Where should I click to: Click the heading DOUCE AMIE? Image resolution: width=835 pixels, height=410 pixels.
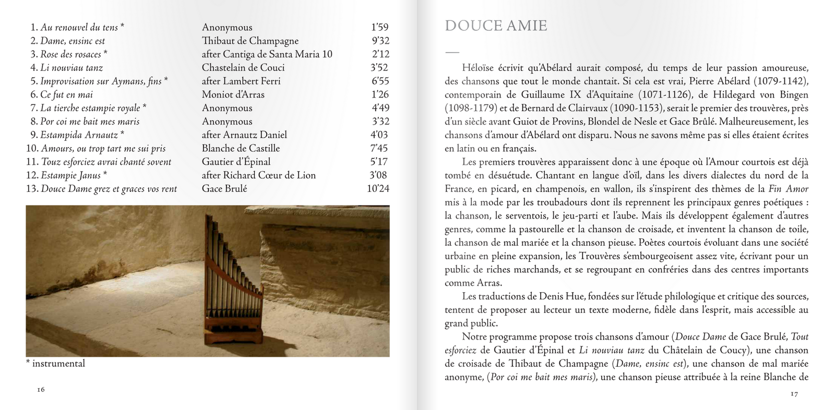tap(495, 26)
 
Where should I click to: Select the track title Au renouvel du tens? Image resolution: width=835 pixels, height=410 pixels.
tap(79, 27)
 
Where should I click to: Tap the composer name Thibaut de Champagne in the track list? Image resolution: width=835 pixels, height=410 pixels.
tap(250, 41)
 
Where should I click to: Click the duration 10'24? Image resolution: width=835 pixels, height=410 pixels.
tap(378, 188)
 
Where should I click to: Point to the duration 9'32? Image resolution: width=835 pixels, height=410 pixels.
tap(380, 41)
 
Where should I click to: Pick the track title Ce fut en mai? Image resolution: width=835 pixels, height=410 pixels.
tap(66, 94)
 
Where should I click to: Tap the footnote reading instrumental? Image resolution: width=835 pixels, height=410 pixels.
tap(58, 364)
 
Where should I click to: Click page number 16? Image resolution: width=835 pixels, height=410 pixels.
tap(41, 390)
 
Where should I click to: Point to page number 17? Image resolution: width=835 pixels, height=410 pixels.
tap(794, 394)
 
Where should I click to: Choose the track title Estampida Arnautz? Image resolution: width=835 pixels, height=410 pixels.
tap(79, 135)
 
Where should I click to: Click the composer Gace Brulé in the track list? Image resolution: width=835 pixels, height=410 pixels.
tap(224, 188)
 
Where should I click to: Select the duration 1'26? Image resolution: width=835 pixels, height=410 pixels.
tap(380, 94)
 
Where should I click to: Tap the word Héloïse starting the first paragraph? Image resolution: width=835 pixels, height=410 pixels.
tap(477, 68)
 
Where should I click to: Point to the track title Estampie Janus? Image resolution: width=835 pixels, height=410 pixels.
tap(70, 175)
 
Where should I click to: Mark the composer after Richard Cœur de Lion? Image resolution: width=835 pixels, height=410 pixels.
tap(258, 175)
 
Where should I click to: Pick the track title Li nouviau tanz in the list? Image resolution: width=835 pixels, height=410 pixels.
tap(71, 67)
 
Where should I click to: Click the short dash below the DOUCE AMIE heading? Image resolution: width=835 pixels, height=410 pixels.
tap(452, 52)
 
